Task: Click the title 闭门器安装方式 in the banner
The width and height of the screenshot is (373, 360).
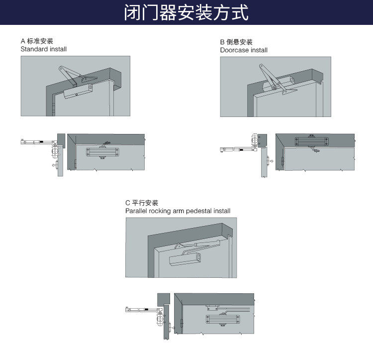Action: (186, 12)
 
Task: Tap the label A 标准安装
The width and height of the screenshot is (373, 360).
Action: (37, 41)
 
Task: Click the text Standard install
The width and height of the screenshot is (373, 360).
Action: (43, 49)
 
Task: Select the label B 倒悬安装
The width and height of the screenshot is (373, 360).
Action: (236, 42)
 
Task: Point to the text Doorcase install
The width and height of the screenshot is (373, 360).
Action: (244, 50)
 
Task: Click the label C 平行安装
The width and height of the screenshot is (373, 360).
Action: (142, 203)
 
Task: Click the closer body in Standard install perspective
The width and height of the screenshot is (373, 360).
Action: (79, 91)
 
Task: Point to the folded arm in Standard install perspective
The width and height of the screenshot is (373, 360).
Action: (70, 75)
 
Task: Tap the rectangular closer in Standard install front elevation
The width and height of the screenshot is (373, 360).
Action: (103, 151)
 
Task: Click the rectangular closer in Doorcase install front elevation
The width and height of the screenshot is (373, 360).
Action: (312, 141)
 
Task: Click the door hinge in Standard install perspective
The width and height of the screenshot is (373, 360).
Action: (53, 107)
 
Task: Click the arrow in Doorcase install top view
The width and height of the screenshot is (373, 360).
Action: (269, 161)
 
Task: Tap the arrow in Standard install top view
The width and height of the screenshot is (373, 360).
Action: (54, 164)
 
